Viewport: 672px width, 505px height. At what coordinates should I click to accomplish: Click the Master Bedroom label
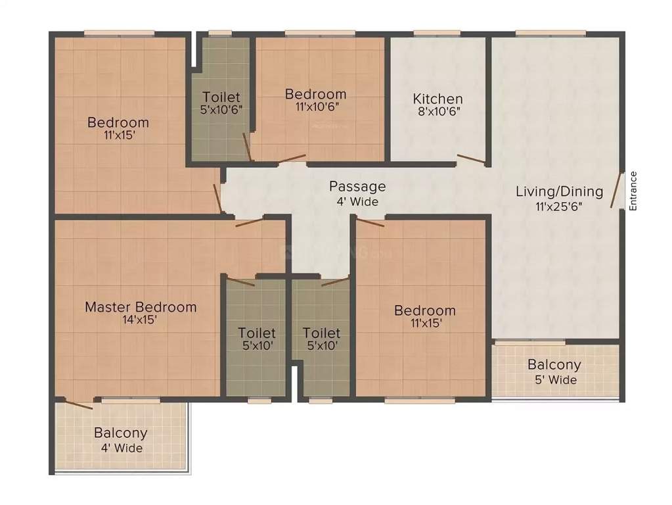coord(141,306)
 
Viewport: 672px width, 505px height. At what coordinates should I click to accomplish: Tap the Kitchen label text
coord(437,99)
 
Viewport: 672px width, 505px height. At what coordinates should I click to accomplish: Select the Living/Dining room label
coord(559,192)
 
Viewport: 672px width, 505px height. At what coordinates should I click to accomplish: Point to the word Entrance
coord(633,191)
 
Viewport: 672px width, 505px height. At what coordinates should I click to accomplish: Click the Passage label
coord(357,187)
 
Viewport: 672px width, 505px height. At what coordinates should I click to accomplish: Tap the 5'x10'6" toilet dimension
coord(222,110)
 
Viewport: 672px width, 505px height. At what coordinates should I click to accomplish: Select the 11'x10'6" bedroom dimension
coord(315,107)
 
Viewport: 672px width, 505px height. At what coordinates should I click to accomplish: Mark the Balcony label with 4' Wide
coord(120,433)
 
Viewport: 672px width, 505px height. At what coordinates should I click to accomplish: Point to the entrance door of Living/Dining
coord(617,191)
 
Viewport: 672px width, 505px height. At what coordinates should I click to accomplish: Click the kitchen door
coord(471,158)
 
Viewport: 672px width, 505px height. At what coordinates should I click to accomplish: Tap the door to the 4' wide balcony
coord(75,404)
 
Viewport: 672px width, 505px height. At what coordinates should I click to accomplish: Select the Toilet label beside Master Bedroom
coord(257,333)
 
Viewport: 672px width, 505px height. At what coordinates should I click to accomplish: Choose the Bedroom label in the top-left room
coord(118,122)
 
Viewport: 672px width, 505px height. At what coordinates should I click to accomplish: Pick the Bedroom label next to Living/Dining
coord(424,310)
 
